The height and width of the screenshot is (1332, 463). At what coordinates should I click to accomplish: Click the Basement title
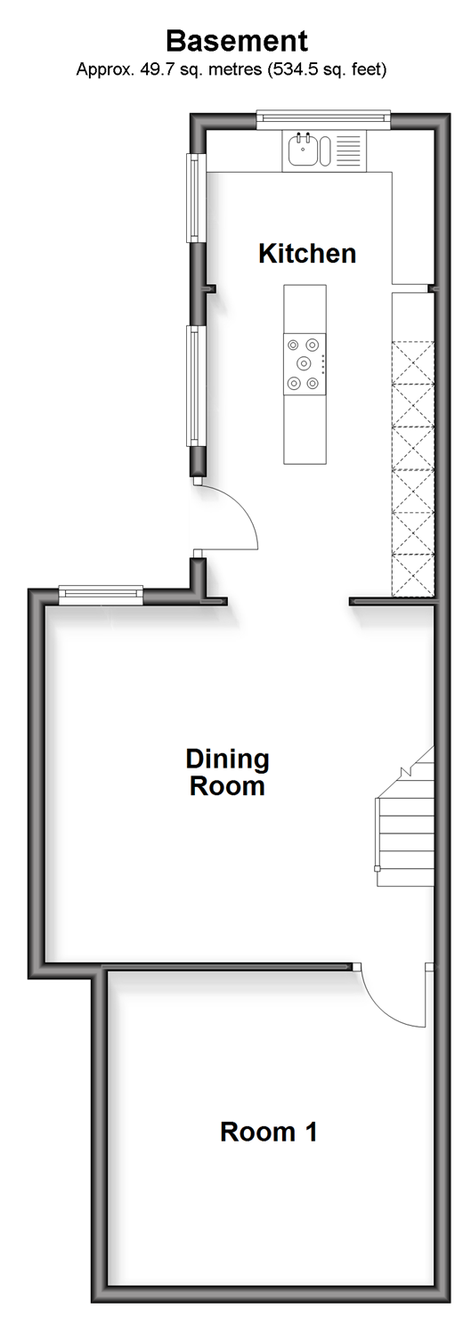coord(237,42)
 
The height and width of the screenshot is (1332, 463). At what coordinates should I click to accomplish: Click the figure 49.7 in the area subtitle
coord(153,70)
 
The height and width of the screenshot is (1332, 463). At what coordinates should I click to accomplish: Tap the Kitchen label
coord(307,254)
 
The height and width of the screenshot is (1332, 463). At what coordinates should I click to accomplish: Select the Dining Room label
coord(228,773)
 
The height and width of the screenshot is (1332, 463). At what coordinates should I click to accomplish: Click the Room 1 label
coord(269,1132)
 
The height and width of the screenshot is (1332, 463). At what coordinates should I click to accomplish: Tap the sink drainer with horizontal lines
coord(348,150)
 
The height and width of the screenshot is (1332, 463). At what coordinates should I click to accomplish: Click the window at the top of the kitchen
coord(324,119)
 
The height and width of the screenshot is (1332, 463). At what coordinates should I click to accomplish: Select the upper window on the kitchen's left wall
coord(196,198)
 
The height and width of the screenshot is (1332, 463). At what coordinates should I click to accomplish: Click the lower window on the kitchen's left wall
coord(196,386)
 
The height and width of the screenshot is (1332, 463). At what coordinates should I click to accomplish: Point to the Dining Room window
coord(101,596)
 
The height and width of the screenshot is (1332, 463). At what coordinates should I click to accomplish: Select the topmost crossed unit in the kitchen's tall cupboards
coord(413,362)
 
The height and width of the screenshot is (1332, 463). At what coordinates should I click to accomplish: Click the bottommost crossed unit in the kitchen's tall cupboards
coord(413,574)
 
